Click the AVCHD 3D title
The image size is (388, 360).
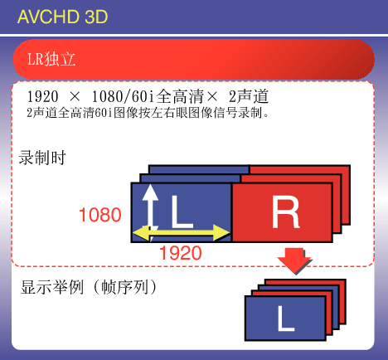pyautogui.click(x=62, y=17)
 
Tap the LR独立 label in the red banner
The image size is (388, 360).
pyautogui.click(x=51, y=59)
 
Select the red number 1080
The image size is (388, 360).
pyautogui.click(x=100, y=215)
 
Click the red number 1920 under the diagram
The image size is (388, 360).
pyautogui.click(x=181, y=253)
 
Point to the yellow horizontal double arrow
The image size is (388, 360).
pyautogui.click(x=182, y=233)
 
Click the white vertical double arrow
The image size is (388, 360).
pyautogui.click(x=150, y=209)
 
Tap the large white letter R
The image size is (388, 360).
pyautogui.click(x=285, y=212)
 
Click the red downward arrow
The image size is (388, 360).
pyautogui.click(x=294, y=260)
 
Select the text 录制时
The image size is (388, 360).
pyautogui.click(x=42, y=158)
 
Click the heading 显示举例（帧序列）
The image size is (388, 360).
pyautogui.click(x=90, y=287)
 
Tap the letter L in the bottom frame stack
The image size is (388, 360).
pyautogui.click(x=285, y=319)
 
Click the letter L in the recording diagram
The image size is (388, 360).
pyautogui.click(x=182, y=212)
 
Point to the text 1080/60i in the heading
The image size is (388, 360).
pyautogui.click(x=123, y=96)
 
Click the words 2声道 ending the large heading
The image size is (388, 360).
pyautogui.click(x=249, y=96)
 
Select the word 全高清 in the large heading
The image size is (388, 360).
pyautogui.click(x=180, y=96)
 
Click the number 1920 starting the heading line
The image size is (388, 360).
pyautogui.click(x=42, y=96)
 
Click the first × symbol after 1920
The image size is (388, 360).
pyautogui.click(x=75, y=97)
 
